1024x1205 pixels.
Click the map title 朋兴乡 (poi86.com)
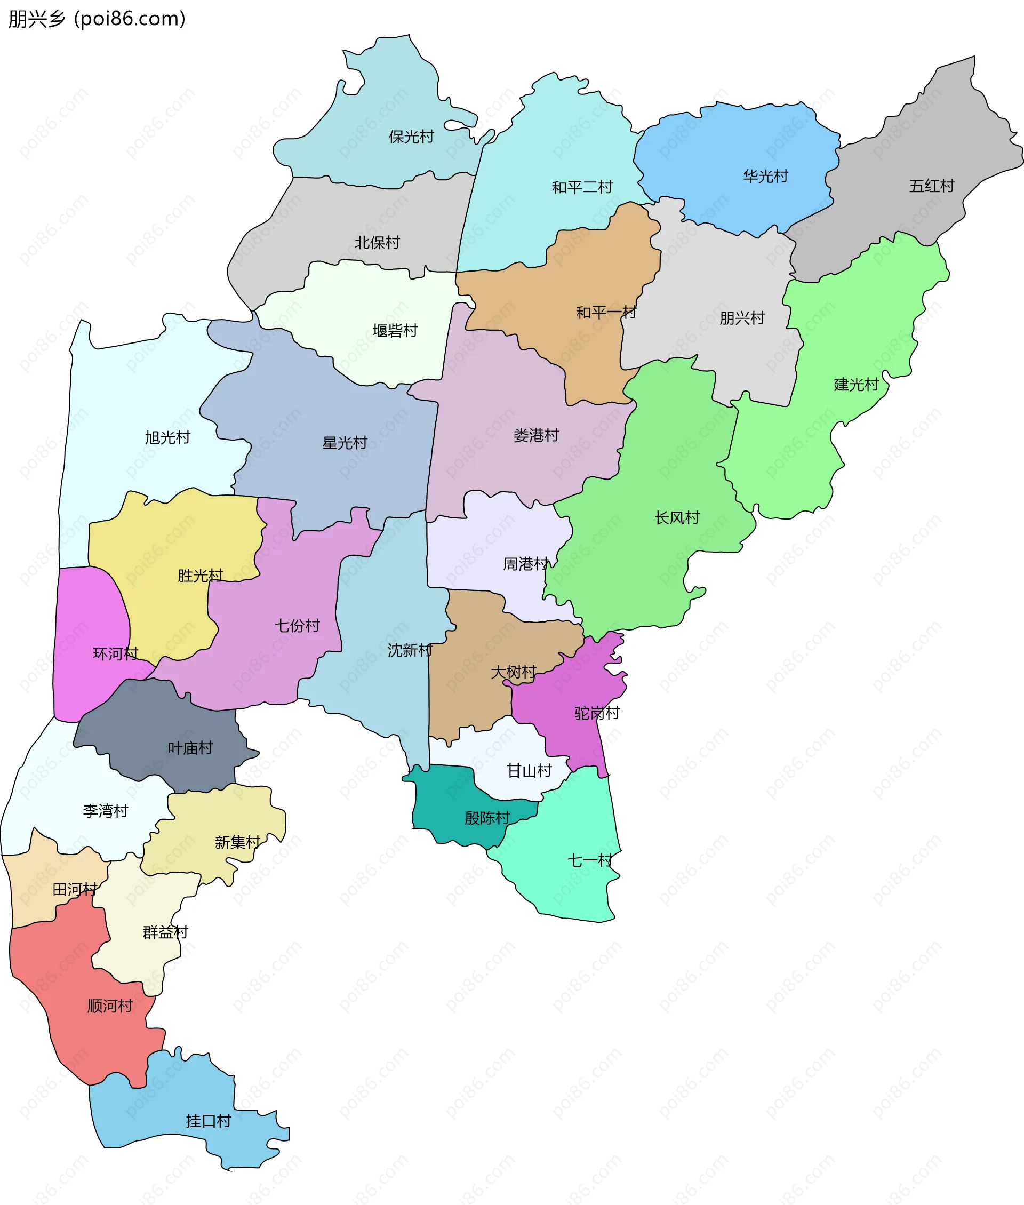[x=97, y=19]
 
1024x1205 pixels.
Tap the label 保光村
[x=411, y=137]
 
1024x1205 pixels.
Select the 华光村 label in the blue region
[x=765, y=176]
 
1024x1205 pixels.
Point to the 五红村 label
[x=931, y=186]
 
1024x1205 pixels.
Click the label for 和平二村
[x=582, y=187]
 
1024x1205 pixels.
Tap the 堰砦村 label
[x=395, y=330]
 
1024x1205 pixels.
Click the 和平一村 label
[x=605, y=312]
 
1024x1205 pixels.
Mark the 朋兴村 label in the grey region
[x=742, y=317]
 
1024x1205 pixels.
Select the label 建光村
[x=855, y=384]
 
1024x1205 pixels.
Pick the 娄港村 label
[x=536, y=435]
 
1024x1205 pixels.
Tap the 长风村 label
[x=677, y=517]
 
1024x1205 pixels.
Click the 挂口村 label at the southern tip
[x=209, y=1121]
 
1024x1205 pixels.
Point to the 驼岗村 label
[x=597, y=713]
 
